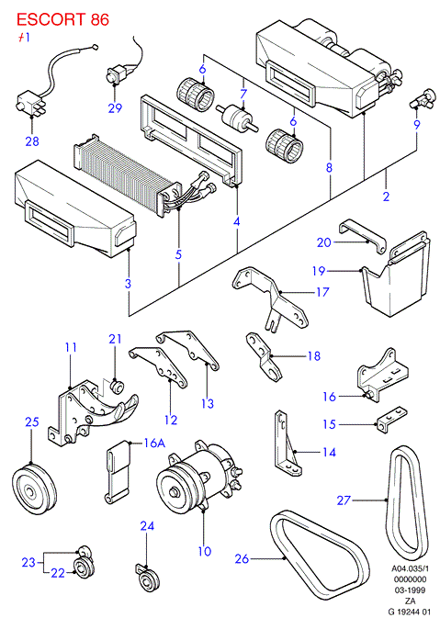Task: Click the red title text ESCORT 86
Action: (x=62, y=19)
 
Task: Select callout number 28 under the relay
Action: (x=32, y=141)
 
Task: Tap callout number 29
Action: (x=115, y=107)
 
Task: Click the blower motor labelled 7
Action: (x=237, y=117)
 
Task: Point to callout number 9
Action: (x=417, y=125)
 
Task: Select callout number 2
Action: (x=386, y=196)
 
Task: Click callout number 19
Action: (x=319, y=271)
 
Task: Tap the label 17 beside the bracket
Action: (x=322, y=292)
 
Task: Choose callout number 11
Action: (x=71, y=347)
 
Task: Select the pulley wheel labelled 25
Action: (x=34, y=489)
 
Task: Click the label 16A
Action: (x=154, y=443)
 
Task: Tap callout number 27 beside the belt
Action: (x=344, y=500)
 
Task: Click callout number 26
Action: (x=242, y=558)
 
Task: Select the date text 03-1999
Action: (x=410, y=590)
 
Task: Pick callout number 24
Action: (x=147, y=526)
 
